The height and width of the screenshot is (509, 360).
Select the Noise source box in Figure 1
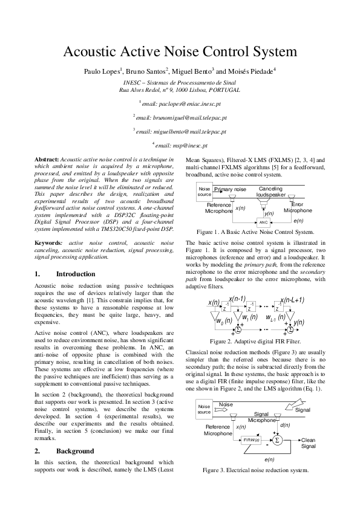coord(204,192)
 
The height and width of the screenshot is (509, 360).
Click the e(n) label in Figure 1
coord(298,221)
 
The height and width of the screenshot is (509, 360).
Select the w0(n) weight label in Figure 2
coord(224,321)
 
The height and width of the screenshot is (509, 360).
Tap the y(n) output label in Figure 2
coord(298,322)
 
